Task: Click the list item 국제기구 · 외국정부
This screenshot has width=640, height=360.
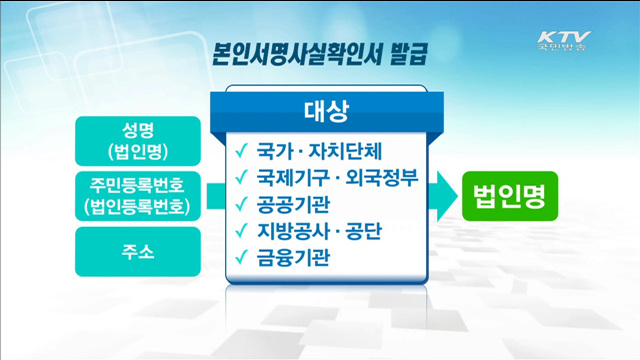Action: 334,179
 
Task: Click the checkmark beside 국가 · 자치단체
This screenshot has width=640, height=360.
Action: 241,153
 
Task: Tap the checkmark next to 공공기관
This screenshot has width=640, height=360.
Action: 241,205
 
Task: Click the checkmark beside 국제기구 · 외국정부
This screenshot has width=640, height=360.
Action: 241,179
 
